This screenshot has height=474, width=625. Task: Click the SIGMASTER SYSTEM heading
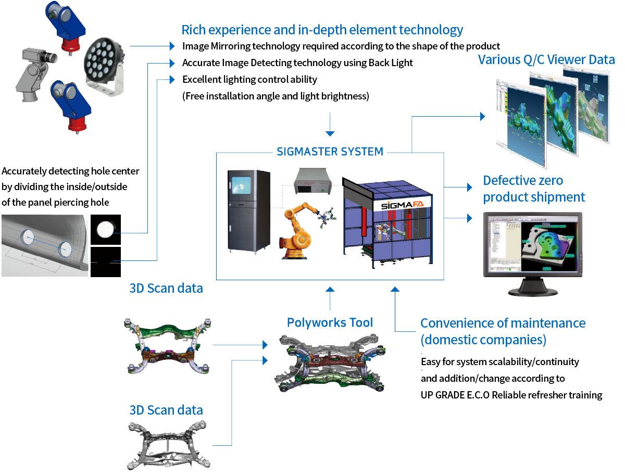[330, 152]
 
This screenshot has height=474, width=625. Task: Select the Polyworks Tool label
[330, 323]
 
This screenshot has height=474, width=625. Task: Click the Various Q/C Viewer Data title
[546, 60]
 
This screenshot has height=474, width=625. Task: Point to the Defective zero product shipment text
[534, 189]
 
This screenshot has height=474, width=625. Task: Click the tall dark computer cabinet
[248, 210]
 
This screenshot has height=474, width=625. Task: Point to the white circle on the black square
[106, 229]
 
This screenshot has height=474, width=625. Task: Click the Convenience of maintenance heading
[503, 331]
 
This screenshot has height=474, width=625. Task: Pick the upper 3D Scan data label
[166, 288]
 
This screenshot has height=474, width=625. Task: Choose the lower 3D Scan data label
[166, 410]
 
